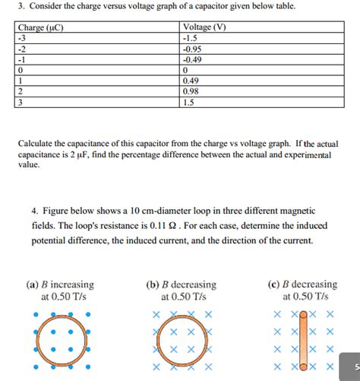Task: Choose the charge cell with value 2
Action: point(21,90)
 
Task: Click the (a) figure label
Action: point(32,285)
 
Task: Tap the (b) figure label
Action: point(151,285)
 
